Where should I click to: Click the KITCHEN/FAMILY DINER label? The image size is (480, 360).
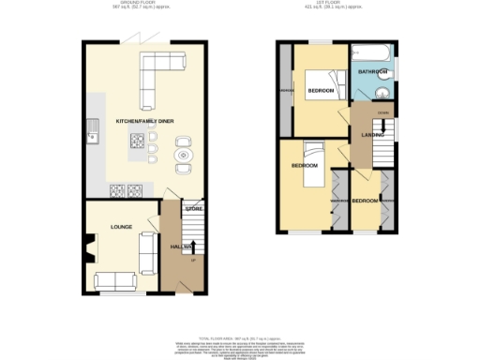point(145,122)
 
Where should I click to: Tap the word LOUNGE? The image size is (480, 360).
point(121,227)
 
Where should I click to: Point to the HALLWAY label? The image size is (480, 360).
point(183,247)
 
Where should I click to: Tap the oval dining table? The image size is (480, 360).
point(182,155)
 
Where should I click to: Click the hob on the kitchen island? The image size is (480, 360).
point(137,142)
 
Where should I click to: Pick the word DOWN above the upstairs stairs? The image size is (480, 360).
point(382,113)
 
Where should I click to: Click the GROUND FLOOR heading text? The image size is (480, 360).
point(125,5)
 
